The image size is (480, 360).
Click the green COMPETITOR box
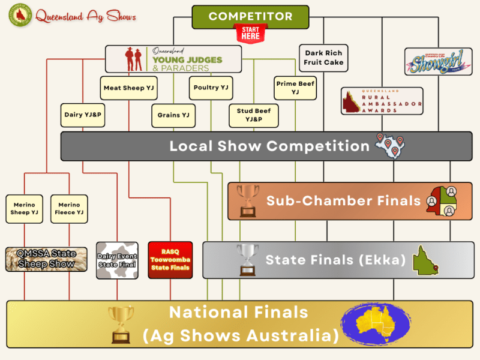pos(250,17)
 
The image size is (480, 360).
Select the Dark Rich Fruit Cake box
pos(323,58)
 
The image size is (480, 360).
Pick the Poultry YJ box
pos(211,88)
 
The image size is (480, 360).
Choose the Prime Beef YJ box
pos(295,88)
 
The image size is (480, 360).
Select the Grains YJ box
pos(173,115)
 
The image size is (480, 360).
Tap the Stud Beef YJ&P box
pos(254,115)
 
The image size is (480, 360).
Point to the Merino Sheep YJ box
pos(25,208)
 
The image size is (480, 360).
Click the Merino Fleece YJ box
pos(69,208)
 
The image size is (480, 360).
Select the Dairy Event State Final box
pos(118,260)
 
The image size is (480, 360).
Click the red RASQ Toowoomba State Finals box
pos(170,260)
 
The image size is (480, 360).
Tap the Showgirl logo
pos(430,62)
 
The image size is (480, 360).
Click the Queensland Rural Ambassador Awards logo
pos(382,101)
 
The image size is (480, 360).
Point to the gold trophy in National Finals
pos(122,324)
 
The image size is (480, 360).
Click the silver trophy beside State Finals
pos(247,260)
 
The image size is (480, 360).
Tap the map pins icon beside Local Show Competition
pos(390,146)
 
